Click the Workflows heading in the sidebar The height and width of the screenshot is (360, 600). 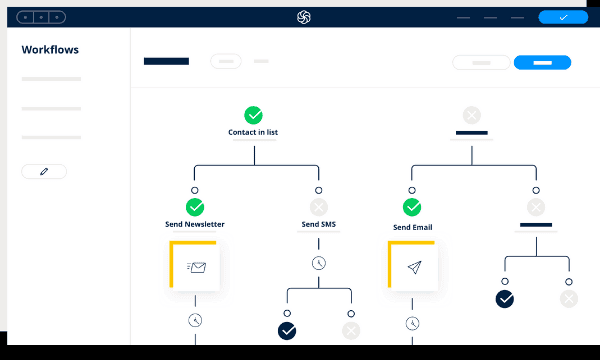[50, 50]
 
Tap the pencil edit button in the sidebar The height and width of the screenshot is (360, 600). [44, 171]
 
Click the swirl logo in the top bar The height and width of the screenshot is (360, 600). [304, 17]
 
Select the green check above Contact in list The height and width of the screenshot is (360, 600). [253, 115]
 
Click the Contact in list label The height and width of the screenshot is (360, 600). [253, 132]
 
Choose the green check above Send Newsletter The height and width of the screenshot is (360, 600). [195, 207]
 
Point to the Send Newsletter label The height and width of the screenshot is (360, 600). [195, 224]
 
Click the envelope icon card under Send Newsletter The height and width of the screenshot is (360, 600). [195, 266]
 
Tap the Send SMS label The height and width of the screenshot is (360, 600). [319, 224]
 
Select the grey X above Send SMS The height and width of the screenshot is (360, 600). [319, 207]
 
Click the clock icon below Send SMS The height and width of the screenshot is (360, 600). [319, 263]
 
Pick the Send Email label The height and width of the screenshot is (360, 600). [412, 227]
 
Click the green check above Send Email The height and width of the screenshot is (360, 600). [412, 207]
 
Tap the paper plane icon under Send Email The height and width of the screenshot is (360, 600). [414, 267]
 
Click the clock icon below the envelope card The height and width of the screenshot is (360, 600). [195, 320]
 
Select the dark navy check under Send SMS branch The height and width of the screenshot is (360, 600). [287, 331]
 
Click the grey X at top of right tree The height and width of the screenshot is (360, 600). [472, 115]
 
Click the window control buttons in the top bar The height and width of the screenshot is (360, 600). [41, 17]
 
